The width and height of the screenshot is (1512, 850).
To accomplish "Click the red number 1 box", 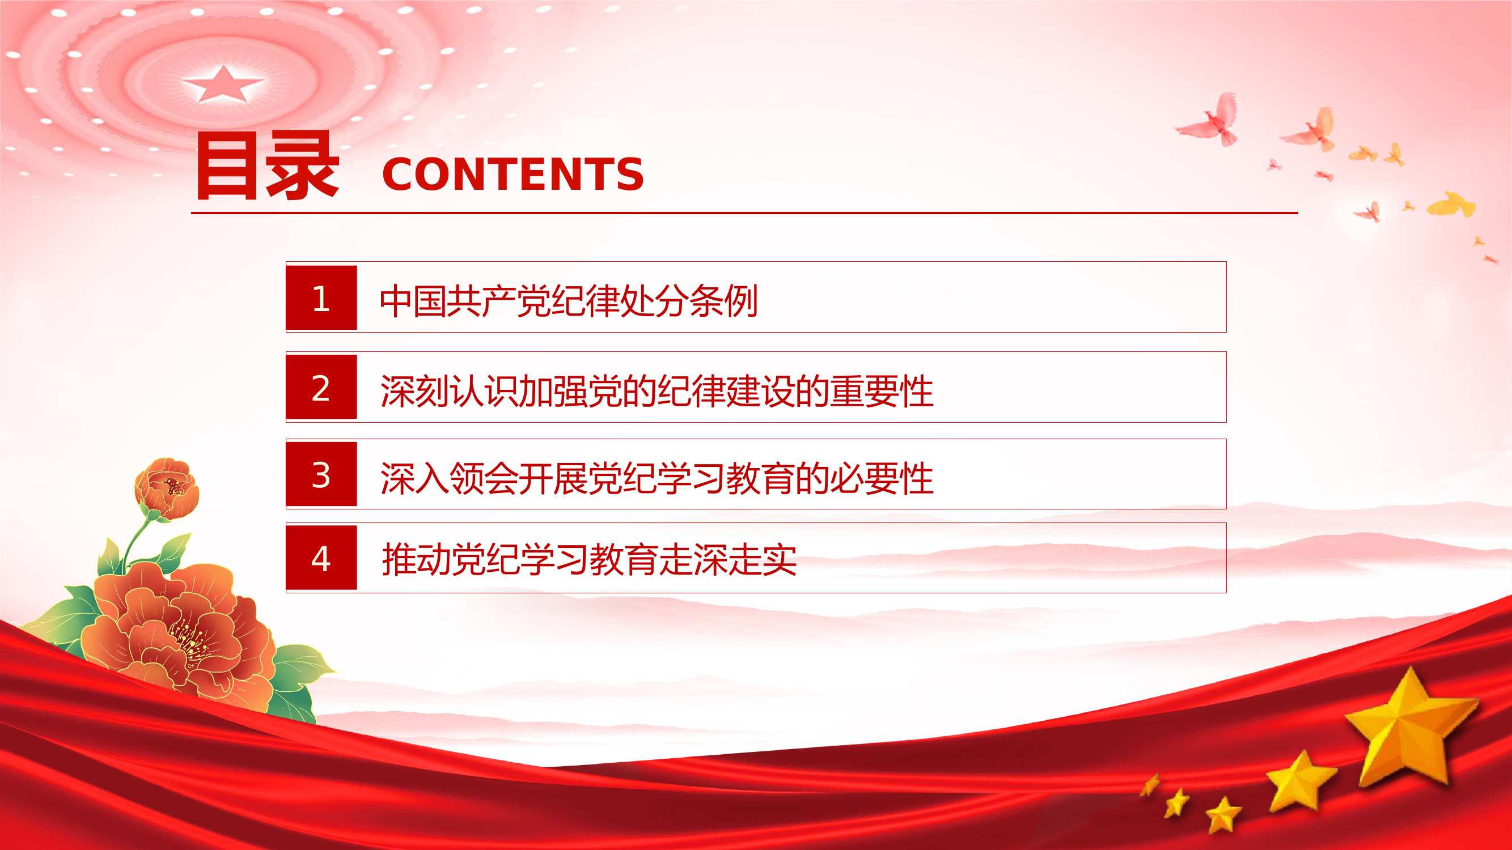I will tap(321, 297).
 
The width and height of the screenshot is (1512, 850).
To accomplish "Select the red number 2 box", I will tap(321, 387).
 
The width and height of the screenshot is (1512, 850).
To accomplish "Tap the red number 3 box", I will tap(321, 474).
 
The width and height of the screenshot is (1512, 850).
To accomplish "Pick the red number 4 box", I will tap(321, 558).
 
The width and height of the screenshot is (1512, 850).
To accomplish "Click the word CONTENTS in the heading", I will tap(513, 174).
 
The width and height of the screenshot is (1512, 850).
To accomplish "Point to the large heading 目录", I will tap(267, 166).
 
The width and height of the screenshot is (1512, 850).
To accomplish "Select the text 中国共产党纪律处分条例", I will tap(568, 301).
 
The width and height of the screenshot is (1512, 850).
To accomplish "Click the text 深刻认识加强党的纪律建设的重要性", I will tap(656, 390).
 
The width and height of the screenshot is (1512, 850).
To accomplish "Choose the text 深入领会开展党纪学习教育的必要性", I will tap(656, 478).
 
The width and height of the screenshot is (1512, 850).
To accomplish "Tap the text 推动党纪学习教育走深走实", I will tap(588, 560).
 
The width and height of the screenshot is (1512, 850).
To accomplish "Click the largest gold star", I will tap(1409, 728).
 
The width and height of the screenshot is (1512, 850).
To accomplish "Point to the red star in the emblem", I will tap(222, 84).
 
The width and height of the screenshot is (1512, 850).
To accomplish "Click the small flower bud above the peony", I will tap(167, 488).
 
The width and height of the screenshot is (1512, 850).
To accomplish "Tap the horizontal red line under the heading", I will tap(744, 213).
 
